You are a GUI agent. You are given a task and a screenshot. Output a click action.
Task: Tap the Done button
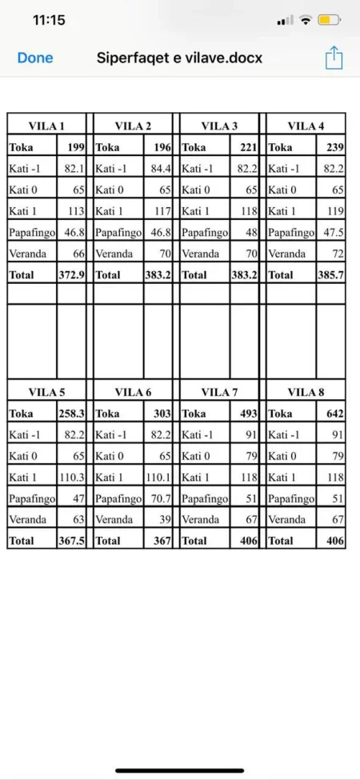pyautogui.click(x=35, y=58)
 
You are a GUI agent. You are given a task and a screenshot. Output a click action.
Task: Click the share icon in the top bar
pyautogui.click(x=334, y=58)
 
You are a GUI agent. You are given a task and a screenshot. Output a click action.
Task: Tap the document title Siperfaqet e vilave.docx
pyautogui.click(x=179, y=58)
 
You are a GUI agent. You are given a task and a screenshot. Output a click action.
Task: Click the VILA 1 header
pyautogui.click(x=46, y=126)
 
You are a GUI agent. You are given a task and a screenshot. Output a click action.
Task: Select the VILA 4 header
pyautogui.click(x=306, y=126)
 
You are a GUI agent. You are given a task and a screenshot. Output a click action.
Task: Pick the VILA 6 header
pyautogui.click(x=133, y=392)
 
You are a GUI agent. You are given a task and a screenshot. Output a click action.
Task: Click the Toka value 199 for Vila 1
pyautogui.click(x=76, y=147)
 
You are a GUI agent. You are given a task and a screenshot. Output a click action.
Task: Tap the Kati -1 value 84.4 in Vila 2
pyautogui.click(x=161, y=169)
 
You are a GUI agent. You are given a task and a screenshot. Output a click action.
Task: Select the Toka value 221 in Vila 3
pyautogui.click(x=248, y=147)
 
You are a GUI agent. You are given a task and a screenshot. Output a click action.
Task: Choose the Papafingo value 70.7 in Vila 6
pyautogui.click(x=160, y=498)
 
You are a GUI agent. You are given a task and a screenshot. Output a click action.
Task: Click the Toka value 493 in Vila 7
pyautogui.click(x=248, y=414)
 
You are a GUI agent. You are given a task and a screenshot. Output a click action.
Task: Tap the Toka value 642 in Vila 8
pyautogui.click(x=334, y=414)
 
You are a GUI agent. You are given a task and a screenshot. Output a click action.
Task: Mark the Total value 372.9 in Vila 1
pyautogui.click(x=72, y=274)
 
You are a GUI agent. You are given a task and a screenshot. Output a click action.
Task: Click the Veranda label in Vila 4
pyautogui.click(x=286, y=254)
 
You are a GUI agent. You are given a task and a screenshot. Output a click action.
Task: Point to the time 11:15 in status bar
pyautogui.click(x=49, y=20)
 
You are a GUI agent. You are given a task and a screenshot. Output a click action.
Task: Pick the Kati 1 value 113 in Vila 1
pyautogui.click(x=76, y=211)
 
